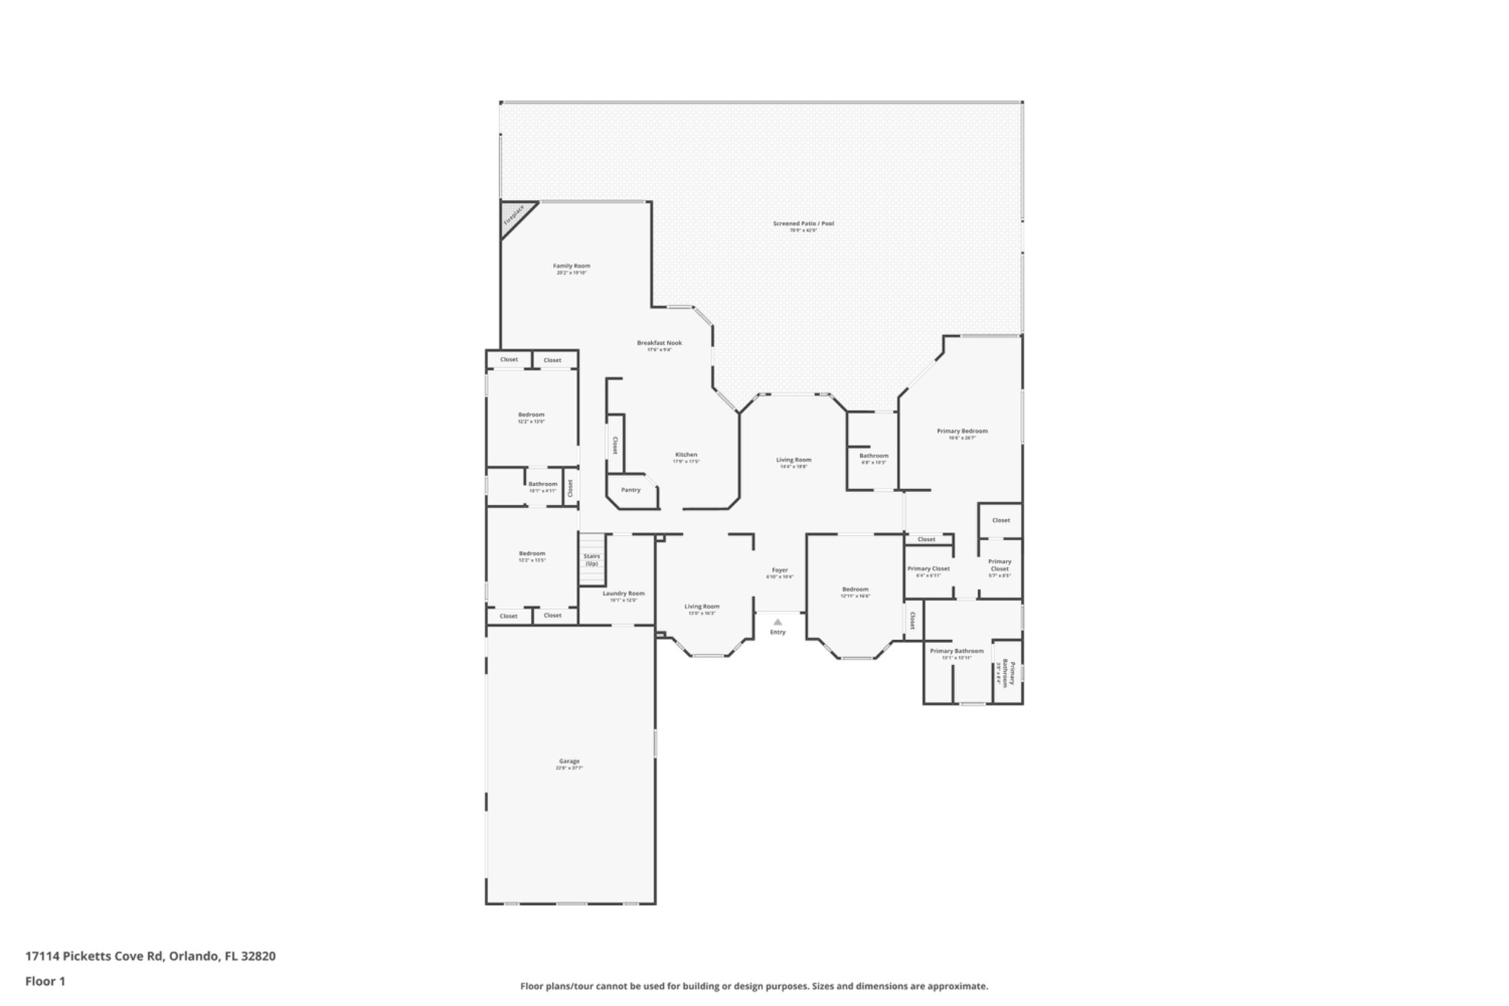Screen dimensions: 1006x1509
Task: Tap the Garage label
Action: point(570,761)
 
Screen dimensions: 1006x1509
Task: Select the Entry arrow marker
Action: point(778,623)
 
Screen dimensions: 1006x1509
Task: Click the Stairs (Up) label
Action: point(592,560)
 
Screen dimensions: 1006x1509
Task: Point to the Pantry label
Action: point(631,490)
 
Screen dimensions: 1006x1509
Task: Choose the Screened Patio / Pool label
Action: point(804,223)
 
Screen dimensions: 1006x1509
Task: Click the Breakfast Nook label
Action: point(659,343)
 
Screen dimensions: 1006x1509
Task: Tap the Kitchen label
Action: point(686,455)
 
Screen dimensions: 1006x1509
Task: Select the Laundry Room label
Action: point(623,594)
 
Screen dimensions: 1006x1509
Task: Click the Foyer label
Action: point(779,571)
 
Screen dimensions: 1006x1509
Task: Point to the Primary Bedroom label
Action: point(962,432)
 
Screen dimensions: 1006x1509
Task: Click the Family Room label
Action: point(571,266)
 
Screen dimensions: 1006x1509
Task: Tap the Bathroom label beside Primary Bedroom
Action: point(874,456)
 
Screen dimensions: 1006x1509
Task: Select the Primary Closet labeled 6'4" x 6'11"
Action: point(928,569)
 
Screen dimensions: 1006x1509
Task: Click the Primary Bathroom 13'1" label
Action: point(957,651)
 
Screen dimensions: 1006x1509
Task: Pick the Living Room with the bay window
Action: point(702,607)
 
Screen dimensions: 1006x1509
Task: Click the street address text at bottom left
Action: point(150,956)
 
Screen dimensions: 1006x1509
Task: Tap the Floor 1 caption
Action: point(45,981)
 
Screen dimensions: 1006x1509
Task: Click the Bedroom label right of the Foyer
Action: point(855,589)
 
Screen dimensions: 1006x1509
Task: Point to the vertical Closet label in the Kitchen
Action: point(615,445)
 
